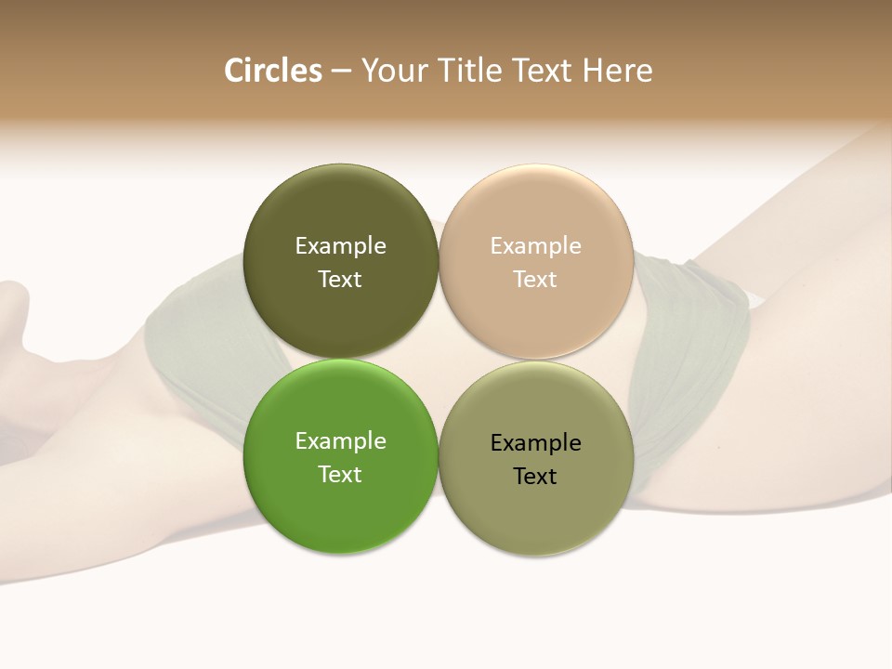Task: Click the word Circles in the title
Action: (x=272, y=71)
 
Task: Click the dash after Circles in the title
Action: (x=341, y=72)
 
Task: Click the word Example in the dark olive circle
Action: (x=340, y=246)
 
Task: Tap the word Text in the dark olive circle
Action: (x=340, y=280)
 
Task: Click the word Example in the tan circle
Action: (x=536, y=246)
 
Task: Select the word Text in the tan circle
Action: (x=536, y=280)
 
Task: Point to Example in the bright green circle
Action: (x=340, y=441)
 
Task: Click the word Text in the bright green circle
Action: (x=340, y=475)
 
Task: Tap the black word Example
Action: (x=536, y=443)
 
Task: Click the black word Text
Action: (x=536, y=477)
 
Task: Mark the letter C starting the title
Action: (x=234, y=71)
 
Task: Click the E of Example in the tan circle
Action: (x=496, y=246)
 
